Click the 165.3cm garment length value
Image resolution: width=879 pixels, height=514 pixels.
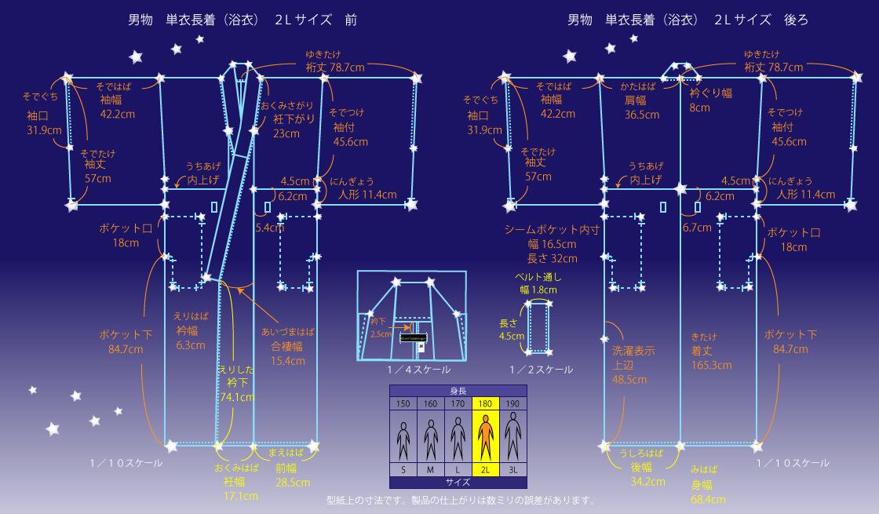point(712,365)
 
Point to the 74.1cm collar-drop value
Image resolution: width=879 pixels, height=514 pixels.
point(237,397)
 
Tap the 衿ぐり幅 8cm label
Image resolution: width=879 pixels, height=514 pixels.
point(709,100)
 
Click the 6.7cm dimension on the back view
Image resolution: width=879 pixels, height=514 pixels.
point(696,228)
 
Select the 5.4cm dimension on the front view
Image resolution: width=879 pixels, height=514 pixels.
point(269,228)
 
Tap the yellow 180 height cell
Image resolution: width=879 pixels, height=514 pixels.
point(486,403)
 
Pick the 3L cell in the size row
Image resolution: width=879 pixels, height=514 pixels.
point(513,469)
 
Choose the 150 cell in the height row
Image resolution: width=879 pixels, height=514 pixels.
point(403,403)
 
